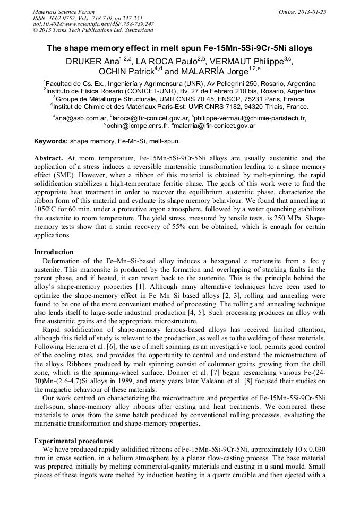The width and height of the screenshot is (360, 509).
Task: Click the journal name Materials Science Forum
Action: tap(64, 12)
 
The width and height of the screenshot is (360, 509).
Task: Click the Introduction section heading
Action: tap(54, 252)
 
